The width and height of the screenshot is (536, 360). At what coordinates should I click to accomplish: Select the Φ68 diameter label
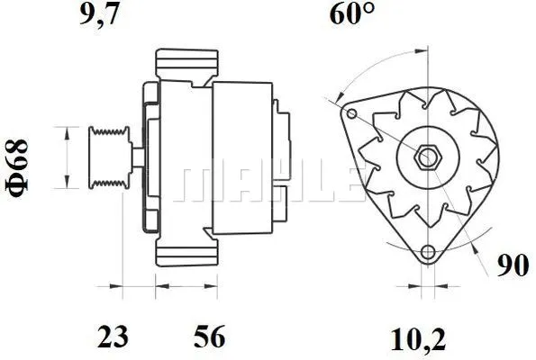[x=19, y=164]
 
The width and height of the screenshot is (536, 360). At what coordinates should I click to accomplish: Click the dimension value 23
[x=113, y=337]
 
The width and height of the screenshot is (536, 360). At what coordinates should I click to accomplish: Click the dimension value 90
[x=512, y=265]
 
